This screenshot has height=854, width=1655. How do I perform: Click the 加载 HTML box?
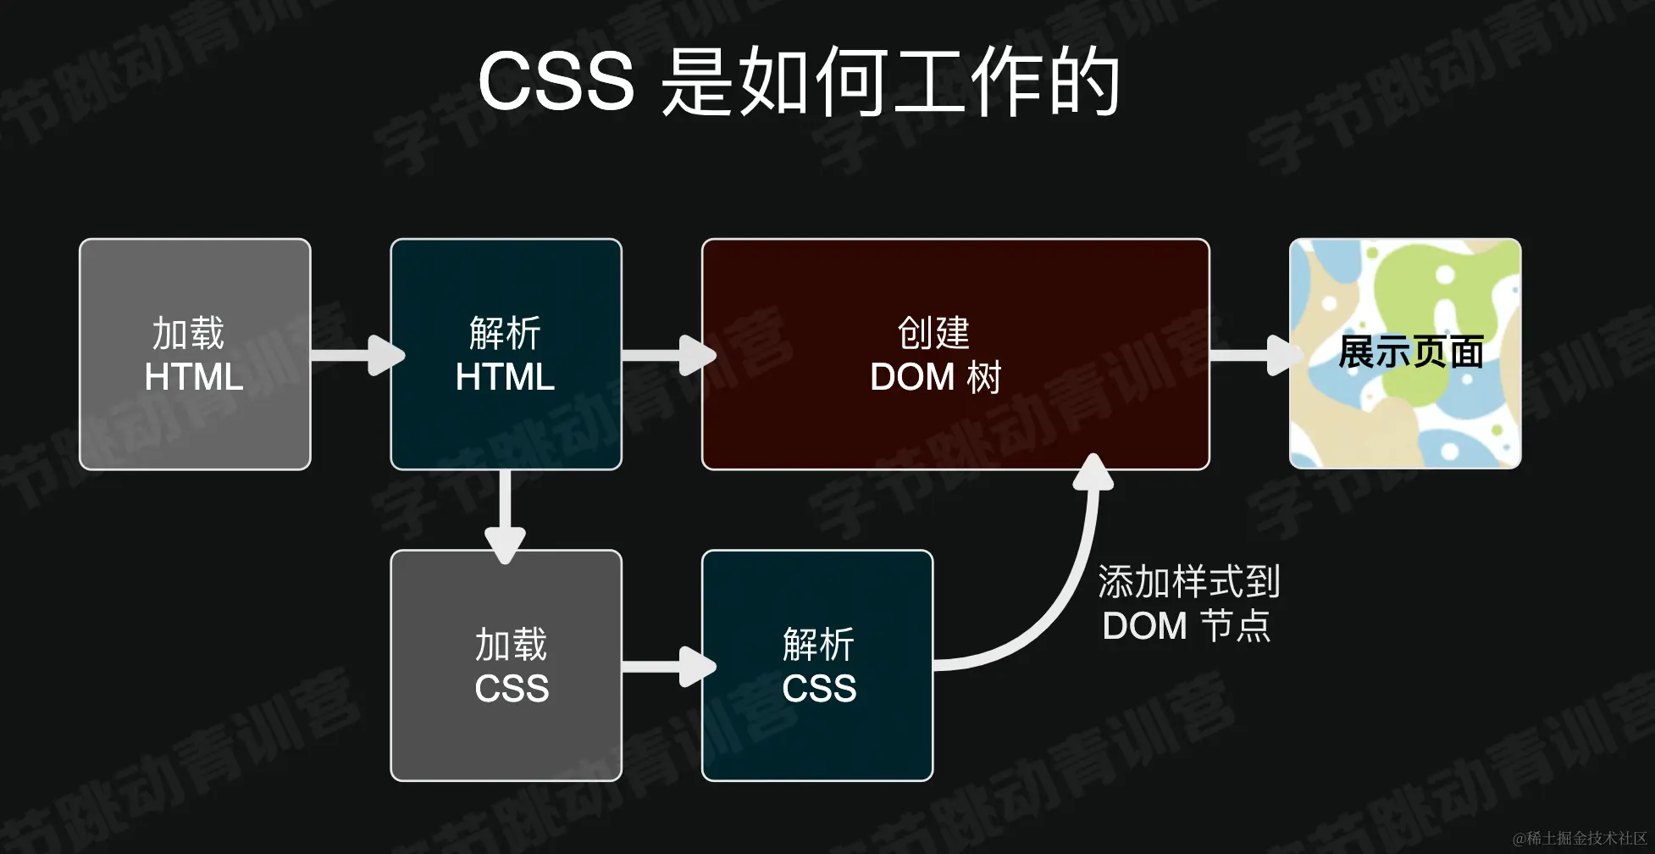[x=195, y=354]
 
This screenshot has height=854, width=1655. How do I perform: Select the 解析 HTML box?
[x=506, y=354]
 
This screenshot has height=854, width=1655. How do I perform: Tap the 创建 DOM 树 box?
[x=955, y=354]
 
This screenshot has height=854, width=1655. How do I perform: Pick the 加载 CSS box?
[x=506, y=666]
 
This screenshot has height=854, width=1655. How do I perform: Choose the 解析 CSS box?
[x=817, y=666]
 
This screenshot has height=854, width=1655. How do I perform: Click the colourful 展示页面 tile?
[x=1405, y=354]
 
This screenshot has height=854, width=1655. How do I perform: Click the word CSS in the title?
[x=556, y=81]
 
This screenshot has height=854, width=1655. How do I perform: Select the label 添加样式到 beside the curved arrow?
[x=1188, y=582]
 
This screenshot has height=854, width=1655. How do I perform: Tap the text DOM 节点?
[x=1186, y=626]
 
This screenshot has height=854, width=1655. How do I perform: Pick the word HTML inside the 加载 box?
[x=194, y=377]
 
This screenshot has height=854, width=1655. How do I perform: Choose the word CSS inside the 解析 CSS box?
[x=819, y=688]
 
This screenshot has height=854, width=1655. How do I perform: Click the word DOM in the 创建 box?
[x=912, y=377]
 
